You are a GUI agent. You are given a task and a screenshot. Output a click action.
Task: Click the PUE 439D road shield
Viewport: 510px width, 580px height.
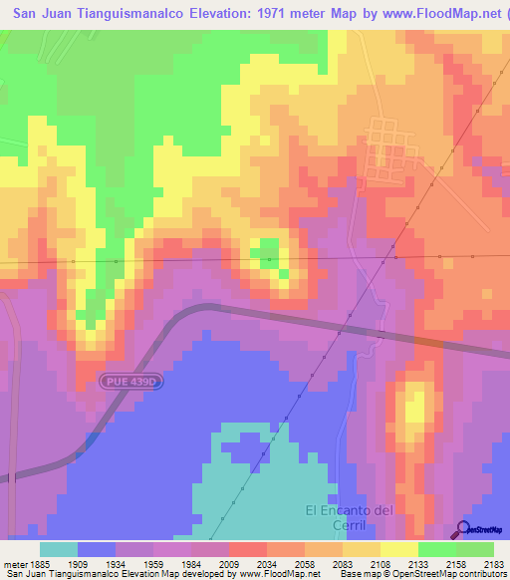point(129,381)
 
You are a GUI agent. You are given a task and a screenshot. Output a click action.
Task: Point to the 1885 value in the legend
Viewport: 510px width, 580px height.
point(40,564)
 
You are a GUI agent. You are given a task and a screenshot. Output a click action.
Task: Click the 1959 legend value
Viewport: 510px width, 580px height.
point(181,564)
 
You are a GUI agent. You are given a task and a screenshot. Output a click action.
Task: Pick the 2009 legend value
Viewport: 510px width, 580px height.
point(267,564)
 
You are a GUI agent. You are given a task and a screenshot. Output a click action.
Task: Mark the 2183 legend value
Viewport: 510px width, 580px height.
point(495,564)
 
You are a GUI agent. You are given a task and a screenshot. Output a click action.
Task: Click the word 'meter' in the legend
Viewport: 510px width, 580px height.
point(14,564)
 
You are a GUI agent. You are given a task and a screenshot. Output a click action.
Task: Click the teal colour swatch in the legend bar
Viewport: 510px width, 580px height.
point(59,549)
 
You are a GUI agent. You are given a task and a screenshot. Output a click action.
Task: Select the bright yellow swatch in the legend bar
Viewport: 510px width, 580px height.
point(399,549)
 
